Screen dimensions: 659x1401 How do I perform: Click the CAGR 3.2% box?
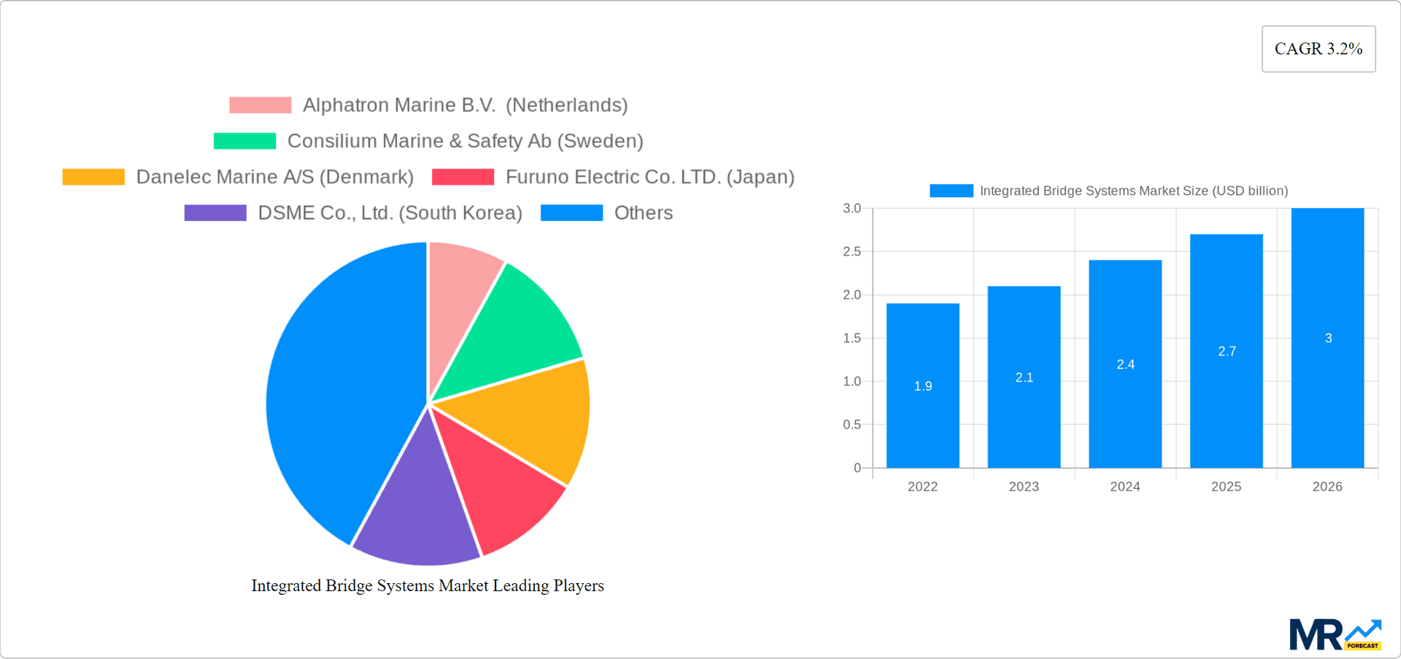(1318, 49)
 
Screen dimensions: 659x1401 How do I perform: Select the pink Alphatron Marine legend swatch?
(260, 105)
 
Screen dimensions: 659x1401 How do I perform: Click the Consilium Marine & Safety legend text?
(465, 141)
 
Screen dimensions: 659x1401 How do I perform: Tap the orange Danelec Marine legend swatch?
(93, 177)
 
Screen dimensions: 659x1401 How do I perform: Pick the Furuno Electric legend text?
(649, 177)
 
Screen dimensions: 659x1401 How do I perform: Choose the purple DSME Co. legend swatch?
(215, 212)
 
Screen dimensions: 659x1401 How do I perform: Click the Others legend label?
(643, 212)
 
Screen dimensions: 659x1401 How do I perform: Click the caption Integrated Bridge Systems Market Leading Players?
(428, 585)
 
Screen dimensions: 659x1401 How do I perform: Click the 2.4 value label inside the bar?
(1125, 364)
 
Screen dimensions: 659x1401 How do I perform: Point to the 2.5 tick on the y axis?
(852, 252)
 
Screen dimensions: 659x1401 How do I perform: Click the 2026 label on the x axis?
(1327, 487)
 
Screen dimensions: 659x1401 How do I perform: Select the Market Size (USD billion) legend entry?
(1133, 190)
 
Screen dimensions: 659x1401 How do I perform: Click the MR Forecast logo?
(1335, 635)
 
